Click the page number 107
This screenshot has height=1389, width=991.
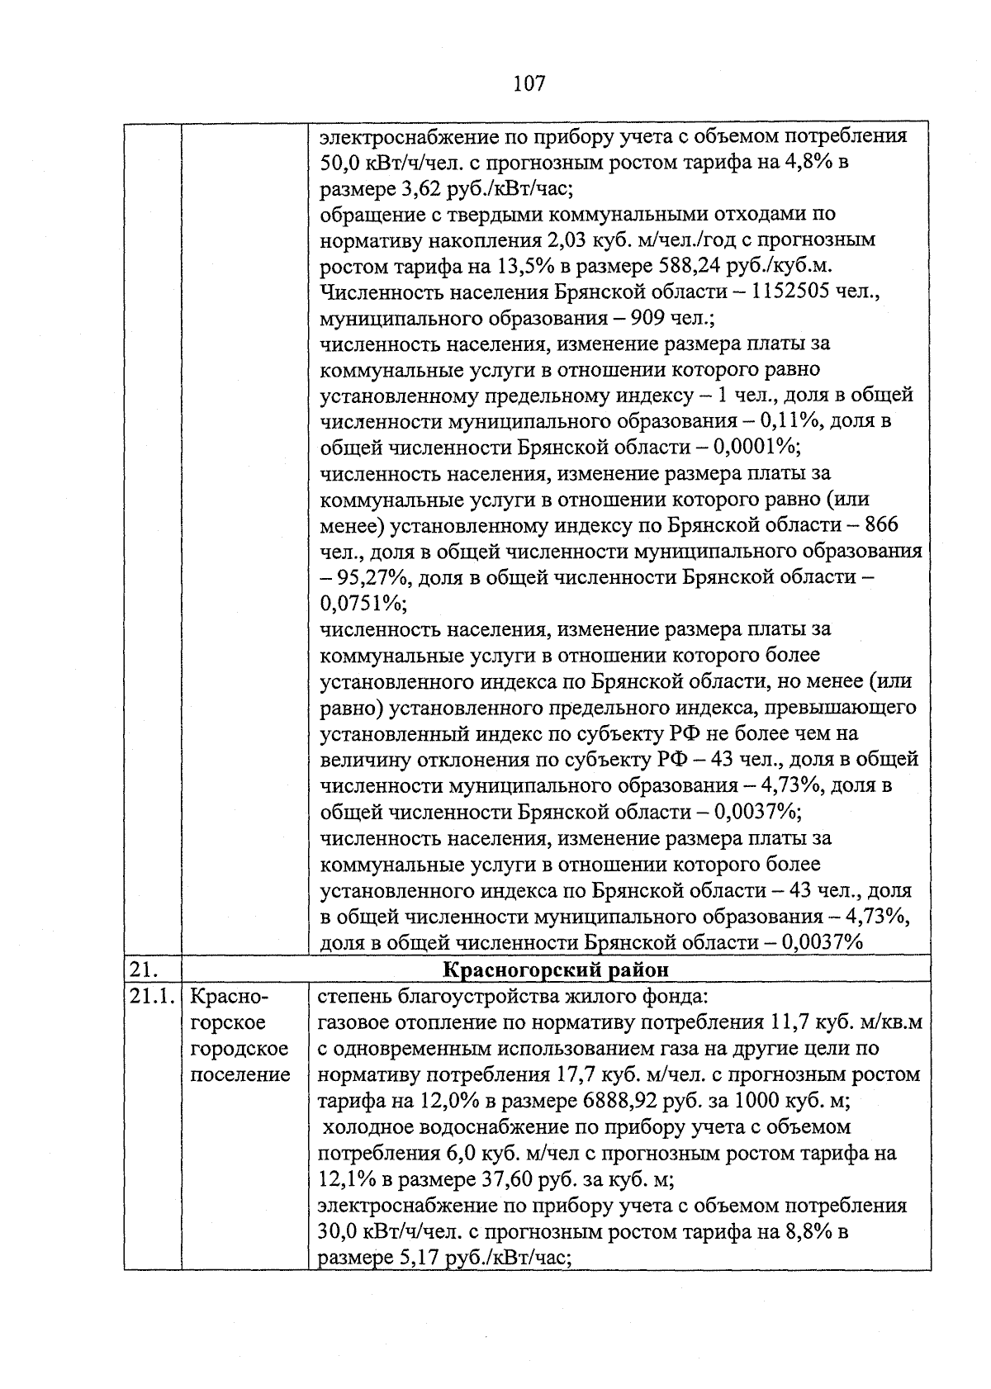[x=529, y=83]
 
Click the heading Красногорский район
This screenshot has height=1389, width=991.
[x=556, y=969]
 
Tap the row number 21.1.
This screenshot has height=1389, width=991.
[x=151, y=997]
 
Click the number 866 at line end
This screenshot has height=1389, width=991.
[x=882, y=526]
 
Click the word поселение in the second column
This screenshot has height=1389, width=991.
[x=240, y=1075]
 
